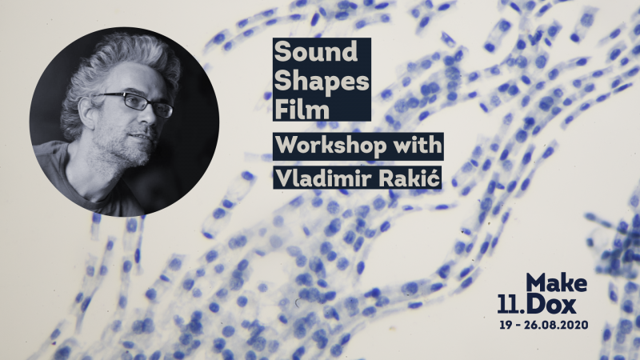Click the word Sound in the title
click(x=316, y=52)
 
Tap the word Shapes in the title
click(x=322, y=82)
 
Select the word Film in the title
click(x=302, y=110)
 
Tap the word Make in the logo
click(x=556, y=282)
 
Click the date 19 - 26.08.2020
click(x=544, y=325)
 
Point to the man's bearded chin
click(x=138, y=157)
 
